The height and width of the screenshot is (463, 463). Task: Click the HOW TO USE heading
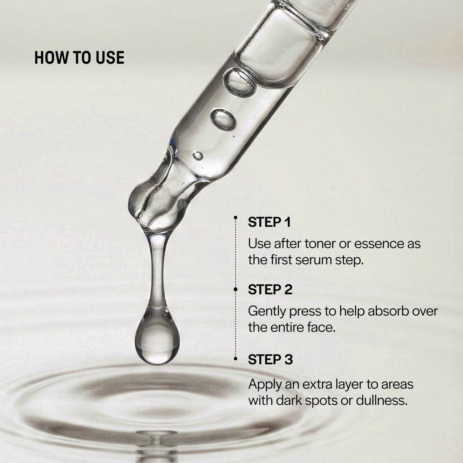coord(79,58)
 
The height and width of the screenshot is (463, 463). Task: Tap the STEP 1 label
coord(269,222)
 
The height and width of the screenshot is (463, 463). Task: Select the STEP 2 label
coord(270,290)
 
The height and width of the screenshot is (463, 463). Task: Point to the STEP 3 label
coord(271,360)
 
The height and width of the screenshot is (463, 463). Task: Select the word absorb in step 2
coord(387,311)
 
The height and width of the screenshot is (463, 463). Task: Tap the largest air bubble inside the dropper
coord(240,82)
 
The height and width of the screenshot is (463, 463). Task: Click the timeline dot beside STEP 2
coord(236,290)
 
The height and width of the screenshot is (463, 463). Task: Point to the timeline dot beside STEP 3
coord(236,359)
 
